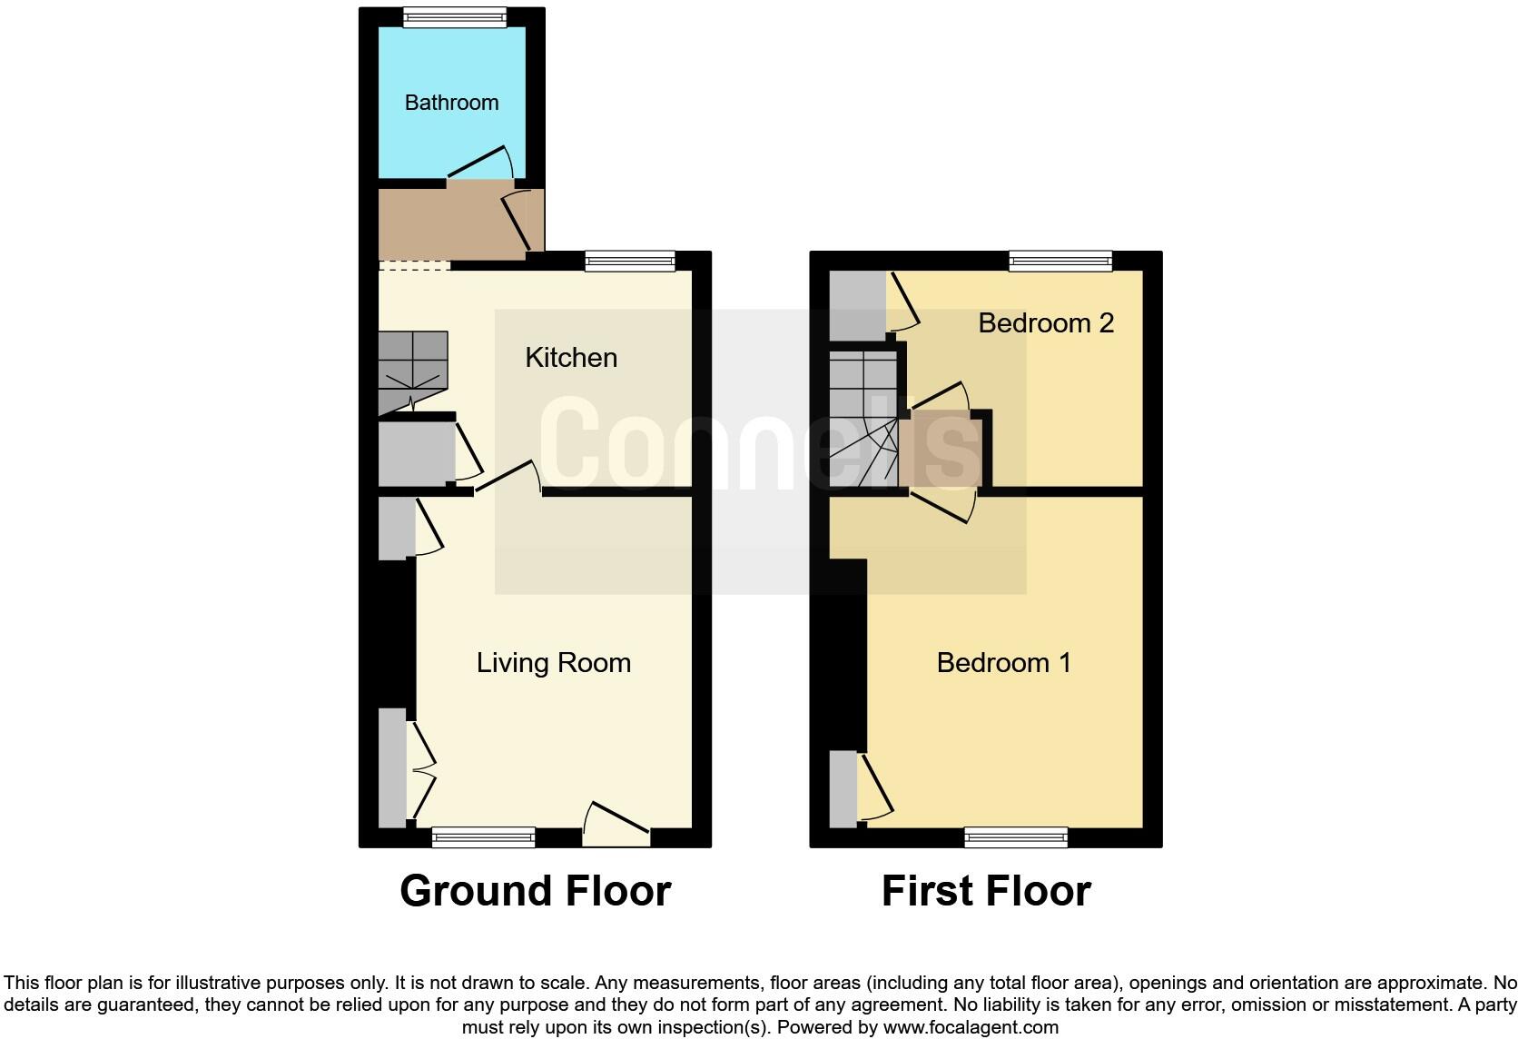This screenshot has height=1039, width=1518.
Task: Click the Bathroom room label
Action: click(451, 103)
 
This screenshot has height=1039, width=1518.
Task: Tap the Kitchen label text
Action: click(571, 358)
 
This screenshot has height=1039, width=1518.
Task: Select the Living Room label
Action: click(554, 663)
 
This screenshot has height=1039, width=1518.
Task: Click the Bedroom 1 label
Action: click(1003, 663)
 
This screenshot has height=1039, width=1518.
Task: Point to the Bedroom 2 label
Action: click(1046, 323)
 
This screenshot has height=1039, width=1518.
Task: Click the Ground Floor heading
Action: click(535, 891)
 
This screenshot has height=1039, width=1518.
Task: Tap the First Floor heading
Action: click(986, 891)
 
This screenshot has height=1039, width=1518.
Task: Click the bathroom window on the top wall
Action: click(455, 17)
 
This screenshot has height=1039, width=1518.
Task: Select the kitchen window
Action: click(630, 262)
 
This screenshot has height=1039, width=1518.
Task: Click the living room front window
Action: click(484, 837)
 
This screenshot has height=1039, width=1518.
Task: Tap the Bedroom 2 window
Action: click(1060, 262)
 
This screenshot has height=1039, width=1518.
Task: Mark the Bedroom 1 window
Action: click(1016, 837)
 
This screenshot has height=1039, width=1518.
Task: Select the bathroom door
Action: click(481, 163)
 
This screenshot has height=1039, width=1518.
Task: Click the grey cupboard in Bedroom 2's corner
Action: click(857, 304)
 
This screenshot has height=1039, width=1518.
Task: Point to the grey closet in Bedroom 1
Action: click(843, 788)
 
